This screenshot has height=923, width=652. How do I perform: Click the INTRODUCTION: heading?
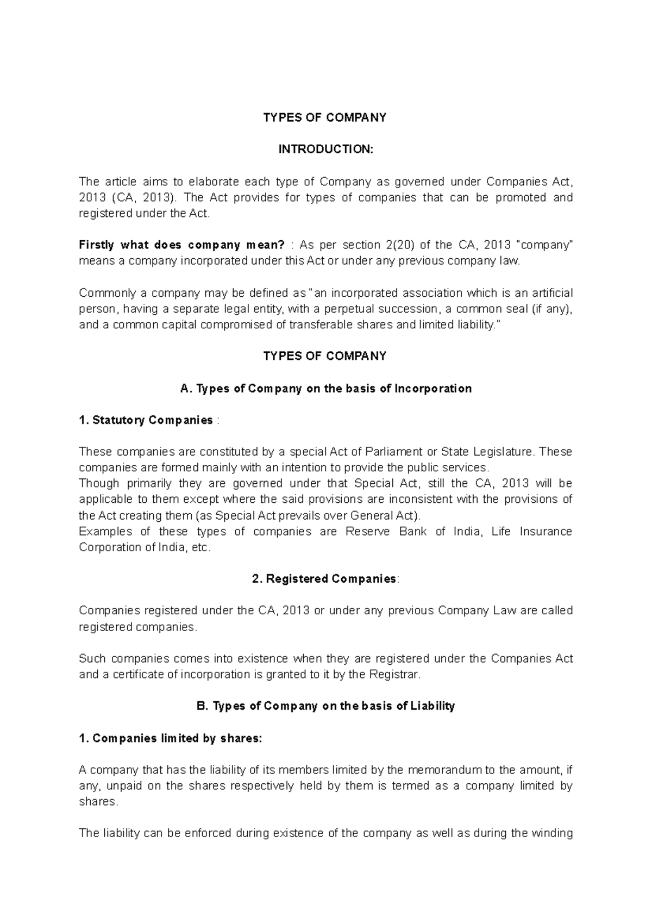click(325, 149)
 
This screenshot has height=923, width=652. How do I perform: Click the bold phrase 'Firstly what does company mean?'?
click(181, 245)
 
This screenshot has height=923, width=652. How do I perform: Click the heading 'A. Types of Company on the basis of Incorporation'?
click(325, 389)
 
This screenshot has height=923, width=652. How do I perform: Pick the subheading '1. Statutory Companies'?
click(146, 420)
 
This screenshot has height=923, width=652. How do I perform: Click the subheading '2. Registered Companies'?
click(325, 579)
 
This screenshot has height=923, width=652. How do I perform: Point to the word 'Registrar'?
click(394, 675)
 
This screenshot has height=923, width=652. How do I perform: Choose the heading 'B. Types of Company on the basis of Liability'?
click(325, 706)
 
